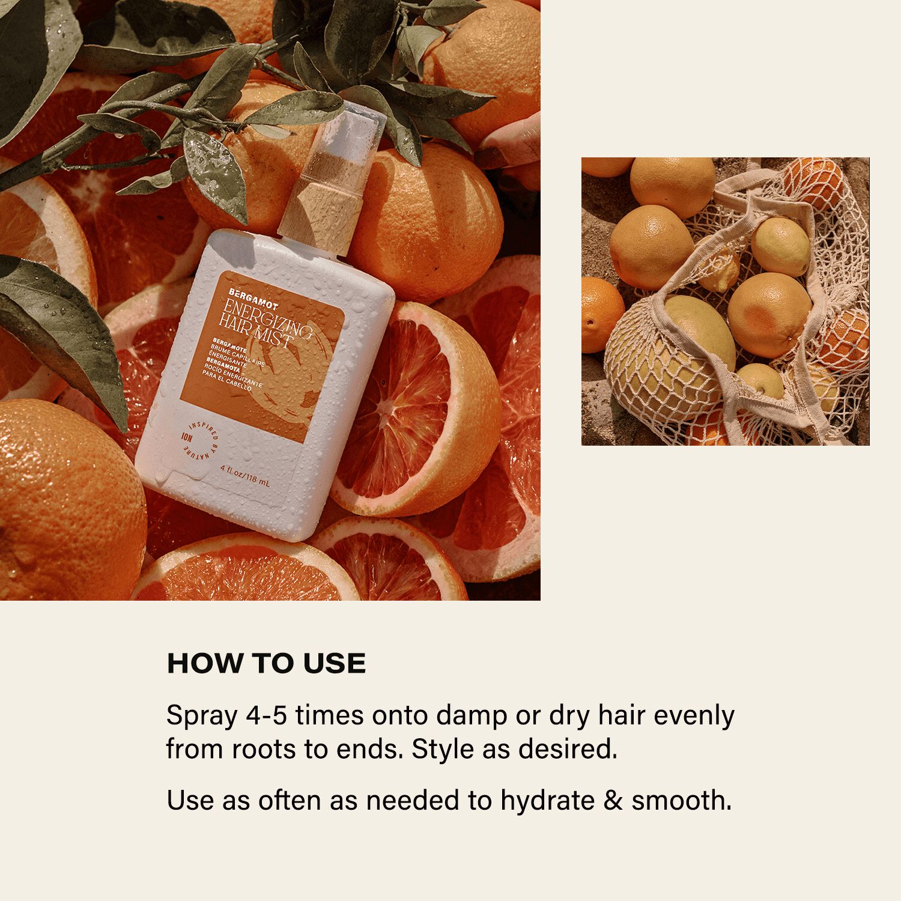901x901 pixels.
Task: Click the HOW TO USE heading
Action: pyautogui.click(x=266, y=663)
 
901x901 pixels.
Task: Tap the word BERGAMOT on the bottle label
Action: pyautogui.click(x=242, y=296)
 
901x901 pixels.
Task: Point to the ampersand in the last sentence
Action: pyautogui.click(x=613, y=801)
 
